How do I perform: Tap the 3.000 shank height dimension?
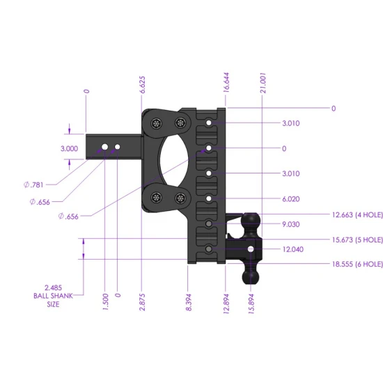click(69, 148)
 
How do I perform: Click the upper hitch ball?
click(251, 221)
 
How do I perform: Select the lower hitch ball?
click(249, 275)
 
